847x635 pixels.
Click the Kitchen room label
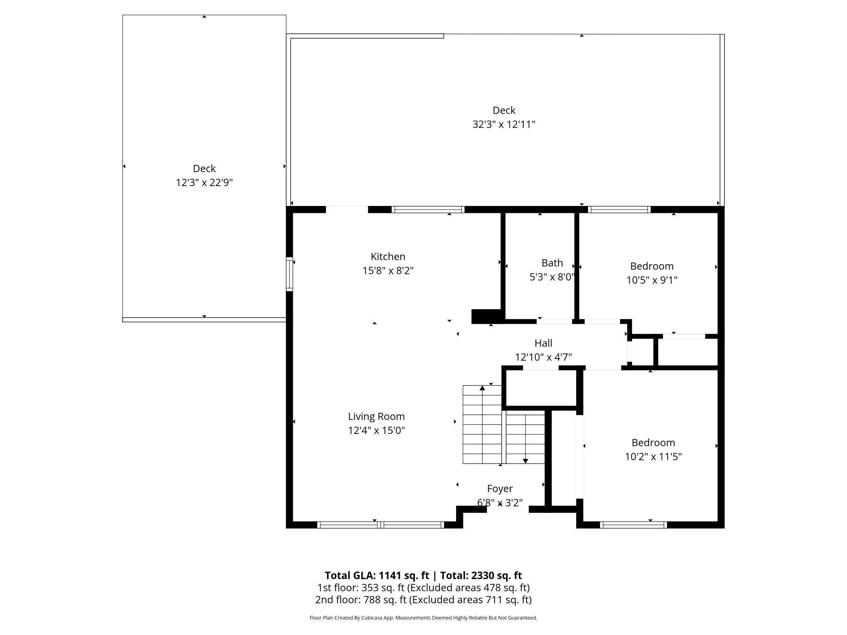click(x=388, y=256)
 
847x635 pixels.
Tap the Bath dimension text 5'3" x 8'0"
click(x=552, y=277)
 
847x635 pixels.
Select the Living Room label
click(x=376, y=416)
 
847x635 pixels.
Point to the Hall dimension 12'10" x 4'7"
click(x=543, y=357)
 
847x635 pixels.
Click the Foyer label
click(x=500, y=488)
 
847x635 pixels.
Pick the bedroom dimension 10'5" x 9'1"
click(x=652, y=280)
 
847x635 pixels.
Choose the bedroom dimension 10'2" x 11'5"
click(x=653, y=457)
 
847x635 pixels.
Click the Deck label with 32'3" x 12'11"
click(x=504, y=110)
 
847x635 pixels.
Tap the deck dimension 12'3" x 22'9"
click(x=204, y=182)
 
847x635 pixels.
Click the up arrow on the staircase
click(x=482, y=388)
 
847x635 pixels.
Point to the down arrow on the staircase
click(x=525, y=460)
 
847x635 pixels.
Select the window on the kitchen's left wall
click(x=290, y=274)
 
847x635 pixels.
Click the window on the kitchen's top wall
click(x=428, y=210)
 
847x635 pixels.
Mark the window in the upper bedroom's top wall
click(x=619, y=210)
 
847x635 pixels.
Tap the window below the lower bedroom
click(x=633, y=525)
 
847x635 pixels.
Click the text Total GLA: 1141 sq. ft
click(x=377, y=575)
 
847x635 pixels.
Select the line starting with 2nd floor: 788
click(x=423, y=600)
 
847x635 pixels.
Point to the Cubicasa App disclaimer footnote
click(x=423, y=617)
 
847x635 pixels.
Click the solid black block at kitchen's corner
click(x=486, y=316)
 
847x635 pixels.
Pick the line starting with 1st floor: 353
click(x=423, y=587)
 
